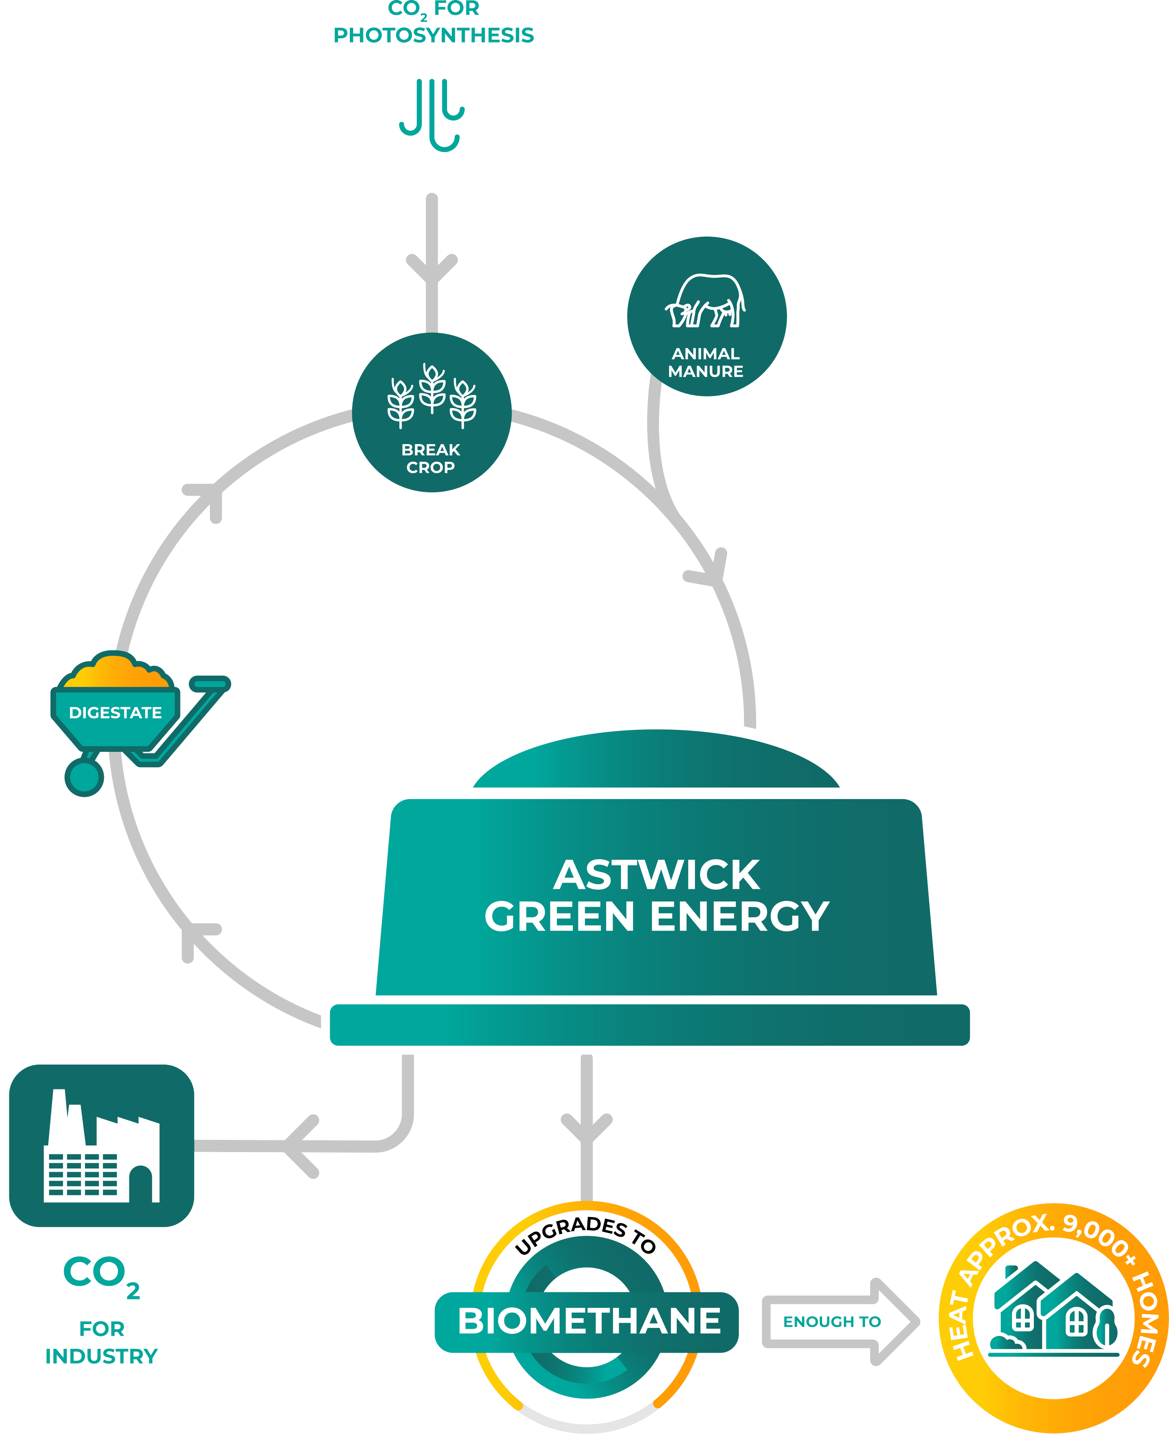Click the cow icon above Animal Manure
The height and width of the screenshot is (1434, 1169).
click(x=706, y=302)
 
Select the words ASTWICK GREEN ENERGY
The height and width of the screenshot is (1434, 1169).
click(x=657, y=895)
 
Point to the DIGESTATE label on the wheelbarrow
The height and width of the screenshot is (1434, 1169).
click(x=115, y=712)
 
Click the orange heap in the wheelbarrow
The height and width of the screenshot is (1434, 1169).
click(x=116, y=672)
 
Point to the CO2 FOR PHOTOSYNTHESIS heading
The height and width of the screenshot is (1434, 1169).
click(x=433, y=23)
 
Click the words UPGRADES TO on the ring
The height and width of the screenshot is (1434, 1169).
click(x=586, y=1235)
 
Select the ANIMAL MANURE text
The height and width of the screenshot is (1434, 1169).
click(x=706, y=362)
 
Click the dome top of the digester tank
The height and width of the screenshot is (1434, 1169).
click(x=657, y=759)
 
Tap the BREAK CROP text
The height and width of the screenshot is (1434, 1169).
click(x=431, y=459)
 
